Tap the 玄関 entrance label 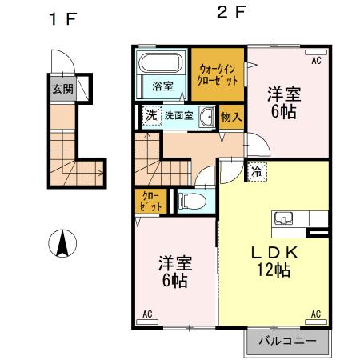tap(62, 88)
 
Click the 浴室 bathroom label tap(163, 86)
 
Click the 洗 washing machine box tap(150, 115)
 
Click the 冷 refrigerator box tap(258, 170)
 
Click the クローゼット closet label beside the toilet tap(151, 201)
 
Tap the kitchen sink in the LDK tap(284, 218)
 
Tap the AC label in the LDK tap(314, 313)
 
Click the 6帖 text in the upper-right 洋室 tap(284, 111)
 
